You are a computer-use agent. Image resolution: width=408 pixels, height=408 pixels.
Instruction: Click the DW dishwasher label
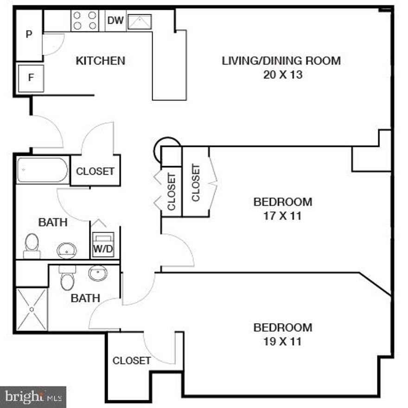[115, 20]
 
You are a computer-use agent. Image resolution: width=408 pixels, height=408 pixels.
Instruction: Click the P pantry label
[29, 35]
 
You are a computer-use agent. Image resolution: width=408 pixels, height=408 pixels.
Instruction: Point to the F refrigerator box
[31, 77]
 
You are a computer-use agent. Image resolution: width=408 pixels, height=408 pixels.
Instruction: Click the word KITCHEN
[100, 61]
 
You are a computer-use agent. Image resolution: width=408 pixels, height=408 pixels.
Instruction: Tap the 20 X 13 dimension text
[282, 75]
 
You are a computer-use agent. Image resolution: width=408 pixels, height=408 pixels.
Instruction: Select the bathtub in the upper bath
[42, 171]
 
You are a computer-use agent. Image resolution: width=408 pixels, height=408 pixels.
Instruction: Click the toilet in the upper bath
[32, 245]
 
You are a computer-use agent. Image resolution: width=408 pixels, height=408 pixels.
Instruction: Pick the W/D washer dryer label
[103, 249]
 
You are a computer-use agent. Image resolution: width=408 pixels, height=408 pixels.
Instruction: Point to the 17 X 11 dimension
[282, 216]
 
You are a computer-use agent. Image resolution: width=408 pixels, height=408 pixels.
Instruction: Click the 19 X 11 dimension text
[282, 342]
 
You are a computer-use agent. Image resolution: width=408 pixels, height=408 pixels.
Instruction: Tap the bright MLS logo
[32, 397]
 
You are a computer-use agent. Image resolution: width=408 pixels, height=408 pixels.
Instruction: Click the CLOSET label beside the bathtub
[95, 171]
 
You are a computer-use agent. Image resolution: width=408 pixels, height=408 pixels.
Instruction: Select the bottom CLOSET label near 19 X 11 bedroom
[132, 361]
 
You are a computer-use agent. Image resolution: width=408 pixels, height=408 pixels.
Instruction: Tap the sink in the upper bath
[66, 251]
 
